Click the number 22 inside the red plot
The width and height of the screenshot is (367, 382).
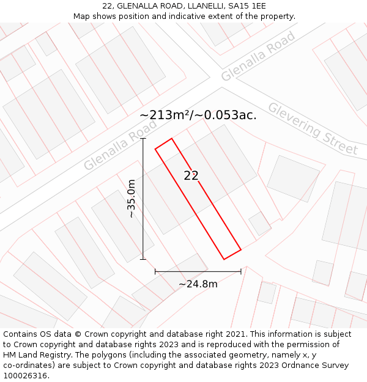pos(191,175)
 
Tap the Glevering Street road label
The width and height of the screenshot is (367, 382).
pos(313,128)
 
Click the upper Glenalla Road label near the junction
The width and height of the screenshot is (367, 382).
pos(258,56)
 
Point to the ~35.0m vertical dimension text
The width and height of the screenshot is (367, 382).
pos(131,199)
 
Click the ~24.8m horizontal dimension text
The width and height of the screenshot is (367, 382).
pos(198,284)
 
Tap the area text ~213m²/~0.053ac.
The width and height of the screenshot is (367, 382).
pos(198,114)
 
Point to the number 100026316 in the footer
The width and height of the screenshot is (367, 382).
pos(26,375)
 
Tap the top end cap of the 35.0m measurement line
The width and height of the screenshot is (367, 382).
pos(143,139)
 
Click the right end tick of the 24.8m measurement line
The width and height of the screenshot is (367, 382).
pos(241,271)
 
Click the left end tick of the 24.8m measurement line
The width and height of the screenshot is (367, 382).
pos(155,271)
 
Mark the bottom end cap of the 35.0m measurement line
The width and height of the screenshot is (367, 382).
pos(143,259)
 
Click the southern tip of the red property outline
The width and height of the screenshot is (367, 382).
pos(224,259)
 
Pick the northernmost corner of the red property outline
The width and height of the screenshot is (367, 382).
pos(172,138)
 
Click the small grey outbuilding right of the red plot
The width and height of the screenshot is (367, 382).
pos(260,223)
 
